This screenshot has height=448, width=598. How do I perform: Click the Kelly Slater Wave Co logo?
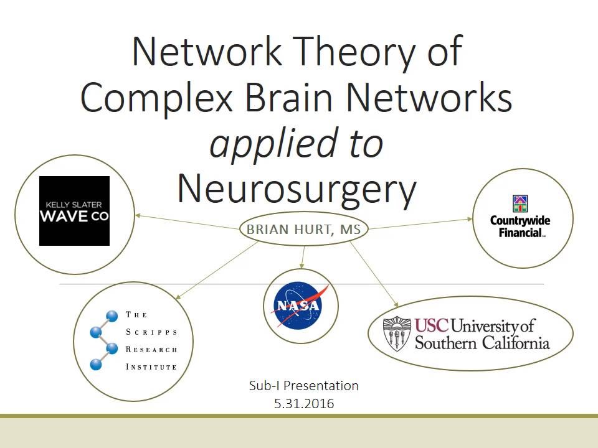point(74,211)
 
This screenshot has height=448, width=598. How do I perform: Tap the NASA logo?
point(301,306)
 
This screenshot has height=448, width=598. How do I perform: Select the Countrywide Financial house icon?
point(520,204)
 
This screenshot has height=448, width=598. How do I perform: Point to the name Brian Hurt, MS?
point(303,230)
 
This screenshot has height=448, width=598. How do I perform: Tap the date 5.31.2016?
point(303,404)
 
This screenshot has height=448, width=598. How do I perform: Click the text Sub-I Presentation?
point(303,386)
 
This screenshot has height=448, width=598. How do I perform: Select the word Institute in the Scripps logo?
point(151,366)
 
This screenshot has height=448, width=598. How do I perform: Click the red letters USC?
point(430,325)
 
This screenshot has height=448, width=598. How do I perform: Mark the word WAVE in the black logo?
point(60,217)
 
